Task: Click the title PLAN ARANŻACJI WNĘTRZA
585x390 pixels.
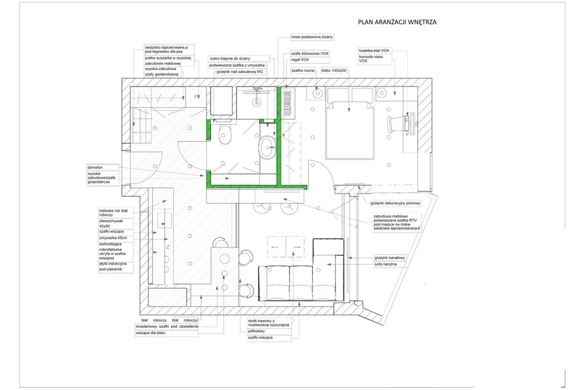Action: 398,22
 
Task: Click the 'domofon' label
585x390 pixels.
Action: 95,165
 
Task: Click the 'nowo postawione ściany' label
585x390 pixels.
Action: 312,37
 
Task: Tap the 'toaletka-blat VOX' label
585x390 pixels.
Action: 374,51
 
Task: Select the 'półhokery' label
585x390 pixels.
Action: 257,330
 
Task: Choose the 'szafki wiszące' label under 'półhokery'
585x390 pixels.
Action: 260,338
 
